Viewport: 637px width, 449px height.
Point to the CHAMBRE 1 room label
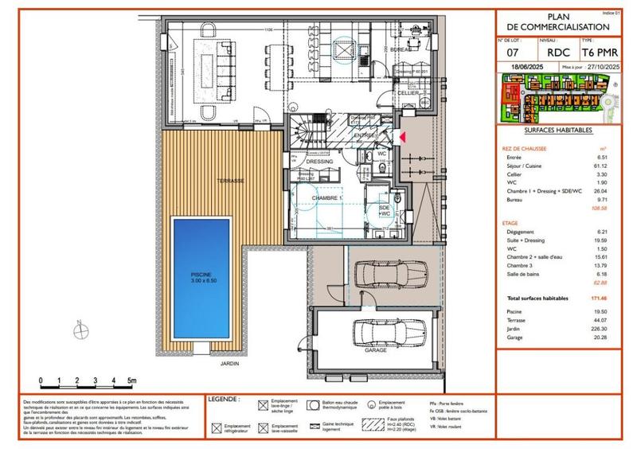326,197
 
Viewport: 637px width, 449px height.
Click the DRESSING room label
319,162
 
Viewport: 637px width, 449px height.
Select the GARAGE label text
377,350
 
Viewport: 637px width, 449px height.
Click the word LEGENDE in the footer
224,397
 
